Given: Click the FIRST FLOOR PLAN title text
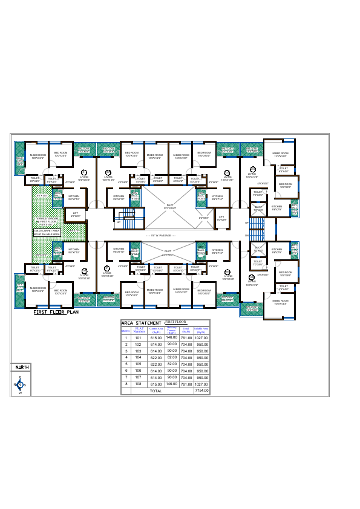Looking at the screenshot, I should click(x=56, y=313).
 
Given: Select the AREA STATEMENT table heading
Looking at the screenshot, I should click(x=141, y=323).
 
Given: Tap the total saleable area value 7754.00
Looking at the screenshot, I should click(x=201, y=391).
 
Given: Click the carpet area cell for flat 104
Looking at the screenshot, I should click(x=156, y=357).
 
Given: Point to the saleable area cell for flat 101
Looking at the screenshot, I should click(x=201, y=337).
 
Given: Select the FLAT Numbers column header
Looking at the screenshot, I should click(x=140, y=330).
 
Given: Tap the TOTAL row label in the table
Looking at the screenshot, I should click(x=156, y=391).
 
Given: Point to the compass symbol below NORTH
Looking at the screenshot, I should click(x=20, y=385).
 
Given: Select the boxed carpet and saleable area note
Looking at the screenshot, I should click(x=47, y=232).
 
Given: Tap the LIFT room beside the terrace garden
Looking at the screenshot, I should click(x=76, y=214).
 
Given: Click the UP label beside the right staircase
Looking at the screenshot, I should click(x=246, y=223).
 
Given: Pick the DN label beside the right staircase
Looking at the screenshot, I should click(x=246, y=235).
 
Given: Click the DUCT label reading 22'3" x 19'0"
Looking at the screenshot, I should click(x=170, y=207).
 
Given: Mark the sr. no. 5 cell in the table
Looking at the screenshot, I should click(x=126, y=364).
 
